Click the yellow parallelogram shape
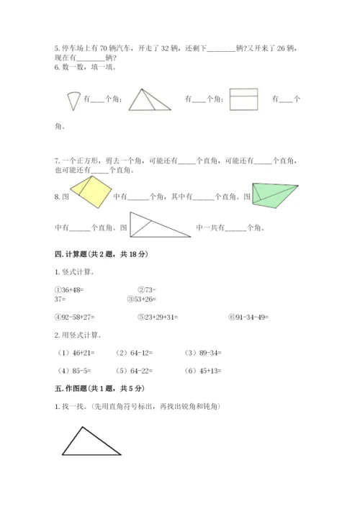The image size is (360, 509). point(91,194)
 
